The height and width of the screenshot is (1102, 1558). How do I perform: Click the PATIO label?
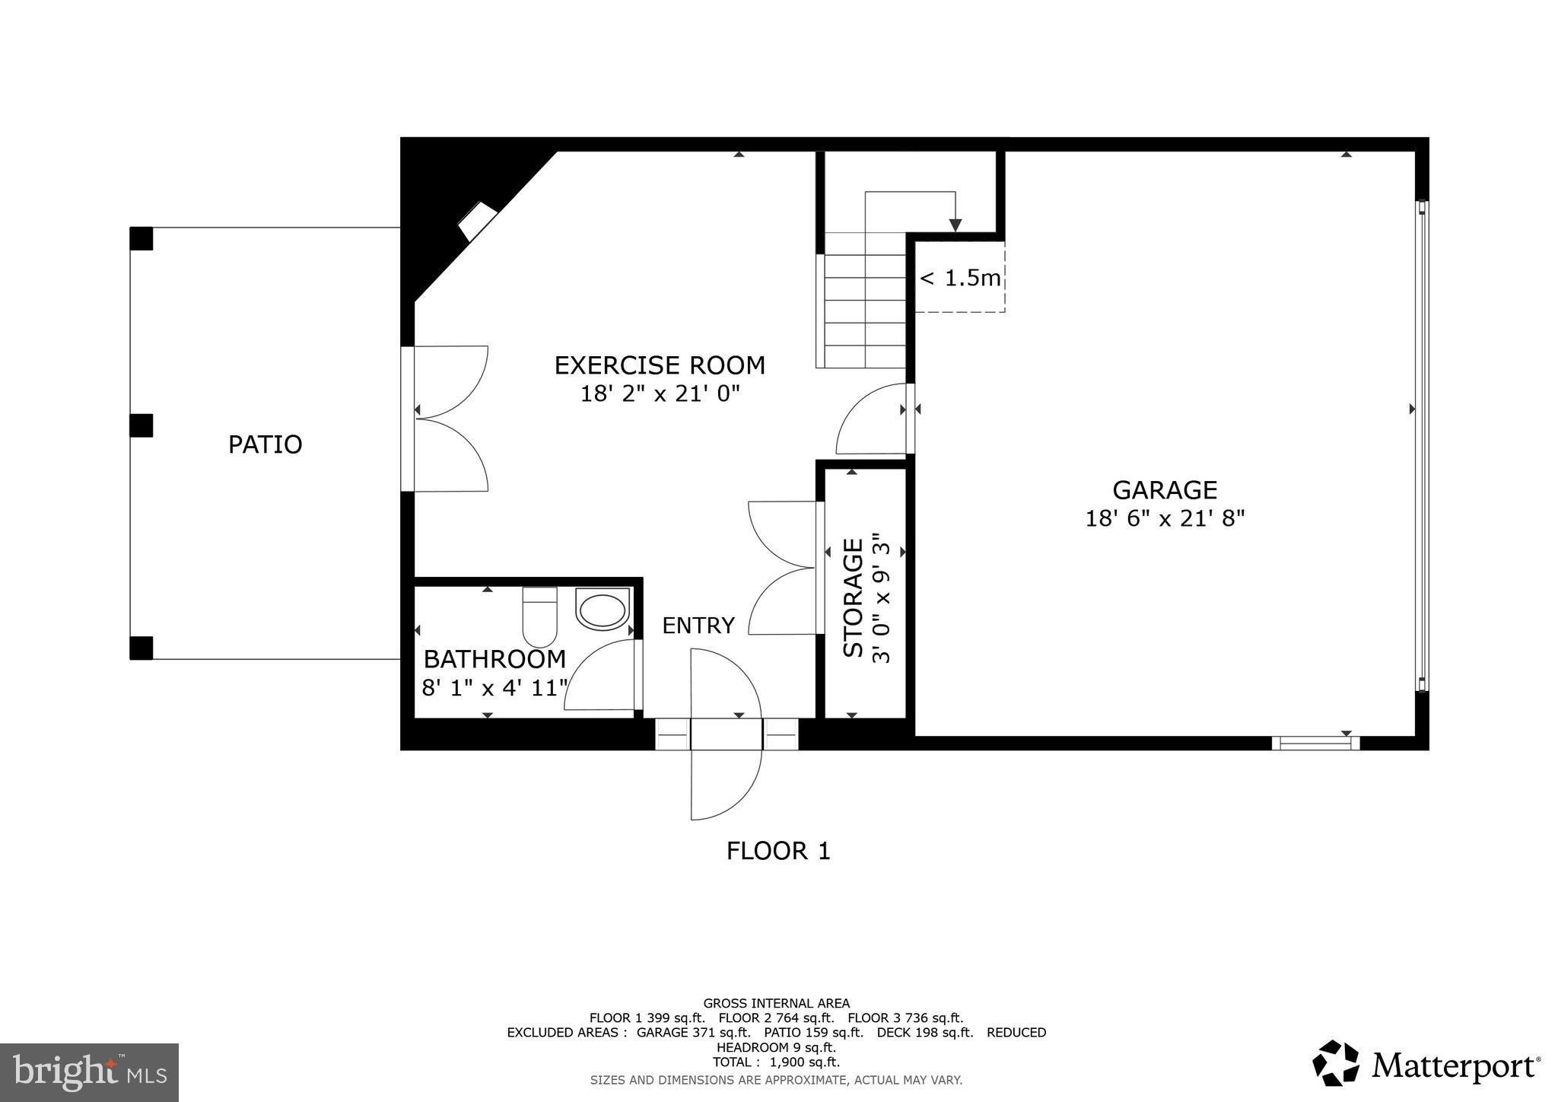[265, 444]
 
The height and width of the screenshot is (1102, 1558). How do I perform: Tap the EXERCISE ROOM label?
[659, 365]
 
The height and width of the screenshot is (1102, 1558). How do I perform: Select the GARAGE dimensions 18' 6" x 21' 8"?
[1164, 519]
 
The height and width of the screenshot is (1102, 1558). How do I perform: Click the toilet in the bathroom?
[540, 616]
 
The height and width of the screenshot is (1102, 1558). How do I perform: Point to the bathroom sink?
[603, 610]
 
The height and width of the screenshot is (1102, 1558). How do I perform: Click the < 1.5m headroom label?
[960, 279]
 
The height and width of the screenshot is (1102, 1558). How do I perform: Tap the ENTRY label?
[698, 626]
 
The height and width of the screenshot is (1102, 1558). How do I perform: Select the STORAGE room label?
[854, 597]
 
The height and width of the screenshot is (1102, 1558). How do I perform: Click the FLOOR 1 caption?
[777, 851]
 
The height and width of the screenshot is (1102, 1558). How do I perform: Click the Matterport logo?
[1426, 1065]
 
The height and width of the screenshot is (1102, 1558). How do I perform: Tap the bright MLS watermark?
[89, 1072]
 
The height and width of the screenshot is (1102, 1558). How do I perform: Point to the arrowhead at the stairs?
[955, 225]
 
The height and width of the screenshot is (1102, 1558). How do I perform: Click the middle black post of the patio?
[141, 425]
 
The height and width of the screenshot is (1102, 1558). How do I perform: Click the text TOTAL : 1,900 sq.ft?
[776, 1062]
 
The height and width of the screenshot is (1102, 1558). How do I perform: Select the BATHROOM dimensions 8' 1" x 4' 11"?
[494, 689]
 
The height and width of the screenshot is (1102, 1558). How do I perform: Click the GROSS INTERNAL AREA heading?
[776, 1004]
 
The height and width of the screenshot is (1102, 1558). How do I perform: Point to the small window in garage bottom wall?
[1315, 743]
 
